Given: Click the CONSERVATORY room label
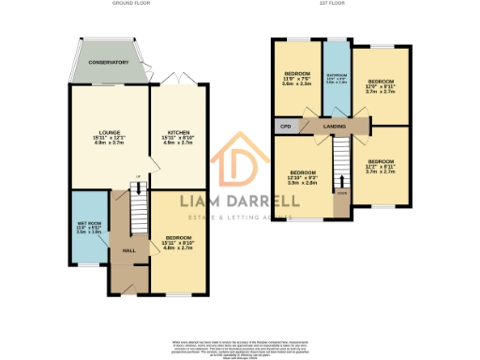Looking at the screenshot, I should coord(109,62).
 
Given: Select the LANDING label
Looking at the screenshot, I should coord(335,124).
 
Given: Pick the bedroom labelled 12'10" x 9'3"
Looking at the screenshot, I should coord(303,177).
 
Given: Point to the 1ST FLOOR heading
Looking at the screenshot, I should coord(334,4).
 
